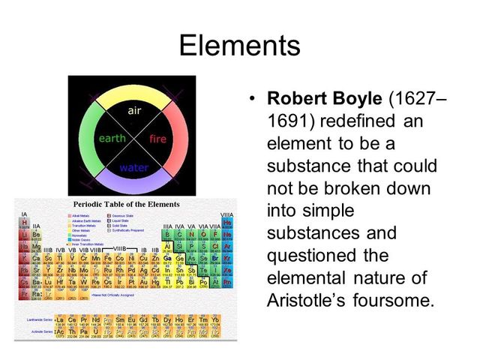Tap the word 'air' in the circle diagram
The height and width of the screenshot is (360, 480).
[x=134, y=110]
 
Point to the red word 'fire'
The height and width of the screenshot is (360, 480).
[x=157, y=139]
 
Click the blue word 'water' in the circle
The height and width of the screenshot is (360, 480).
[x=133, y=168]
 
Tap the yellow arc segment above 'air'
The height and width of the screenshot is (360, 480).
[x=133, y=94]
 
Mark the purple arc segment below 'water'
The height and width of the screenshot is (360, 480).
[x=133, y=184]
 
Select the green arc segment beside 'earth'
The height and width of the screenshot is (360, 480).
[x=87, y=139]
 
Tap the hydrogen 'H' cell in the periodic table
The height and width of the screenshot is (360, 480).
[x=25, y=223]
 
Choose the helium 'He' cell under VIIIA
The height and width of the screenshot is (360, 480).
[x=227, y=223]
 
